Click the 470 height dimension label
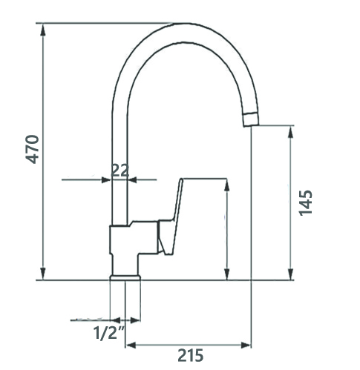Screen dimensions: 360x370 [33, 149]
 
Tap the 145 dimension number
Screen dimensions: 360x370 [306, 203]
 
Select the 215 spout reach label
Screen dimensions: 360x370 [191, 355]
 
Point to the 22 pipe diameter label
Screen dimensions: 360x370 [120, 171]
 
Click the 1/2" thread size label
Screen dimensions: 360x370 [108, 333]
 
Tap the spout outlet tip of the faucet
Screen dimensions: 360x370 [251, 120]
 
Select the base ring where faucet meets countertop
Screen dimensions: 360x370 [125, 277]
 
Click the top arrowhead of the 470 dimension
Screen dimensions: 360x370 [43, 30]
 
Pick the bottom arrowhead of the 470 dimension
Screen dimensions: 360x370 [43, 273]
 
